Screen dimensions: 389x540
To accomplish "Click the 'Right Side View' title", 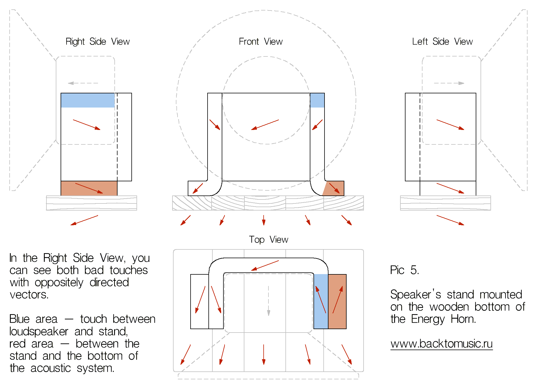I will pos(97,42).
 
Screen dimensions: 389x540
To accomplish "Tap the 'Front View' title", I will pos(261,42).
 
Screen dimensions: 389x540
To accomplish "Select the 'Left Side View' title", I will pos(442,42).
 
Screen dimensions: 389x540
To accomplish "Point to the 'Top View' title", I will pos(268,240).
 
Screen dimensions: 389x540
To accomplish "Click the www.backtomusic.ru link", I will pos(441,344).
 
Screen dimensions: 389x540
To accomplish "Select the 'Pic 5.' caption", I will pos(404,270).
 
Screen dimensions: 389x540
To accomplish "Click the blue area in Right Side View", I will pos(88,100).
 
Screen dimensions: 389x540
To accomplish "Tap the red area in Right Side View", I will pos(89,188).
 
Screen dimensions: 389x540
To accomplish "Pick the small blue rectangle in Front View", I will pos(317,100).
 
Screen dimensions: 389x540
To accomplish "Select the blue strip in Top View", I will pos(321,301).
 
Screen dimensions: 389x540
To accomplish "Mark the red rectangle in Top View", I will pos(337,301).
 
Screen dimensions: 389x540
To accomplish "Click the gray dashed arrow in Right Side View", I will pos(83,83).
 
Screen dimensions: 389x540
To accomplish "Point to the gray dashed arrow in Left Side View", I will pos(449,83).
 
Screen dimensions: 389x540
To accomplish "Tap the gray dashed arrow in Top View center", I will pos(268,301).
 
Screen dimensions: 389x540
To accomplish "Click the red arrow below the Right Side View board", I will pos(84,220).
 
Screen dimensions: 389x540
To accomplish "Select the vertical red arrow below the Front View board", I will pos(264,220).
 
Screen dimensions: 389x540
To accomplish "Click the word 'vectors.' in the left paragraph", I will pos(29,295).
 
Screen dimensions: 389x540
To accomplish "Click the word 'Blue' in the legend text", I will pos(19,319).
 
